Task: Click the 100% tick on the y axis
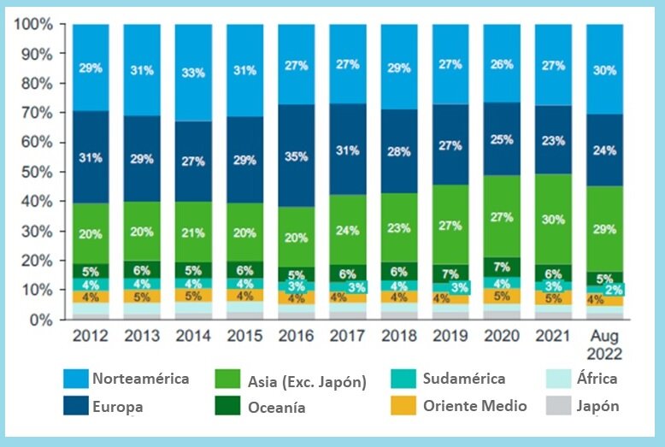pyautogui.click(x=35, y=25)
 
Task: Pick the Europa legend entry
pyautogui.click(x=117, y=407)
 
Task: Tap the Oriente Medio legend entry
pyautogui.click(x=474, y=407)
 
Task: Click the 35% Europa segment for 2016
pyautogui.click(x=297, y=156)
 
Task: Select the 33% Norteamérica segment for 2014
pyautogui.click(x=193, y=73)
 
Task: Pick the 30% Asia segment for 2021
pyautogui.click(x=554, y=219)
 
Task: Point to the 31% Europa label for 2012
pyautogui.click(x=91, y=157)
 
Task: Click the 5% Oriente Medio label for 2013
pyautogui.click(x=142, y=297)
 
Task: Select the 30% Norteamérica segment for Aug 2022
pyautogui.click(x=605, y=70)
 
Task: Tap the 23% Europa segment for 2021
pyautogui.click(x=554, y=140)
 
